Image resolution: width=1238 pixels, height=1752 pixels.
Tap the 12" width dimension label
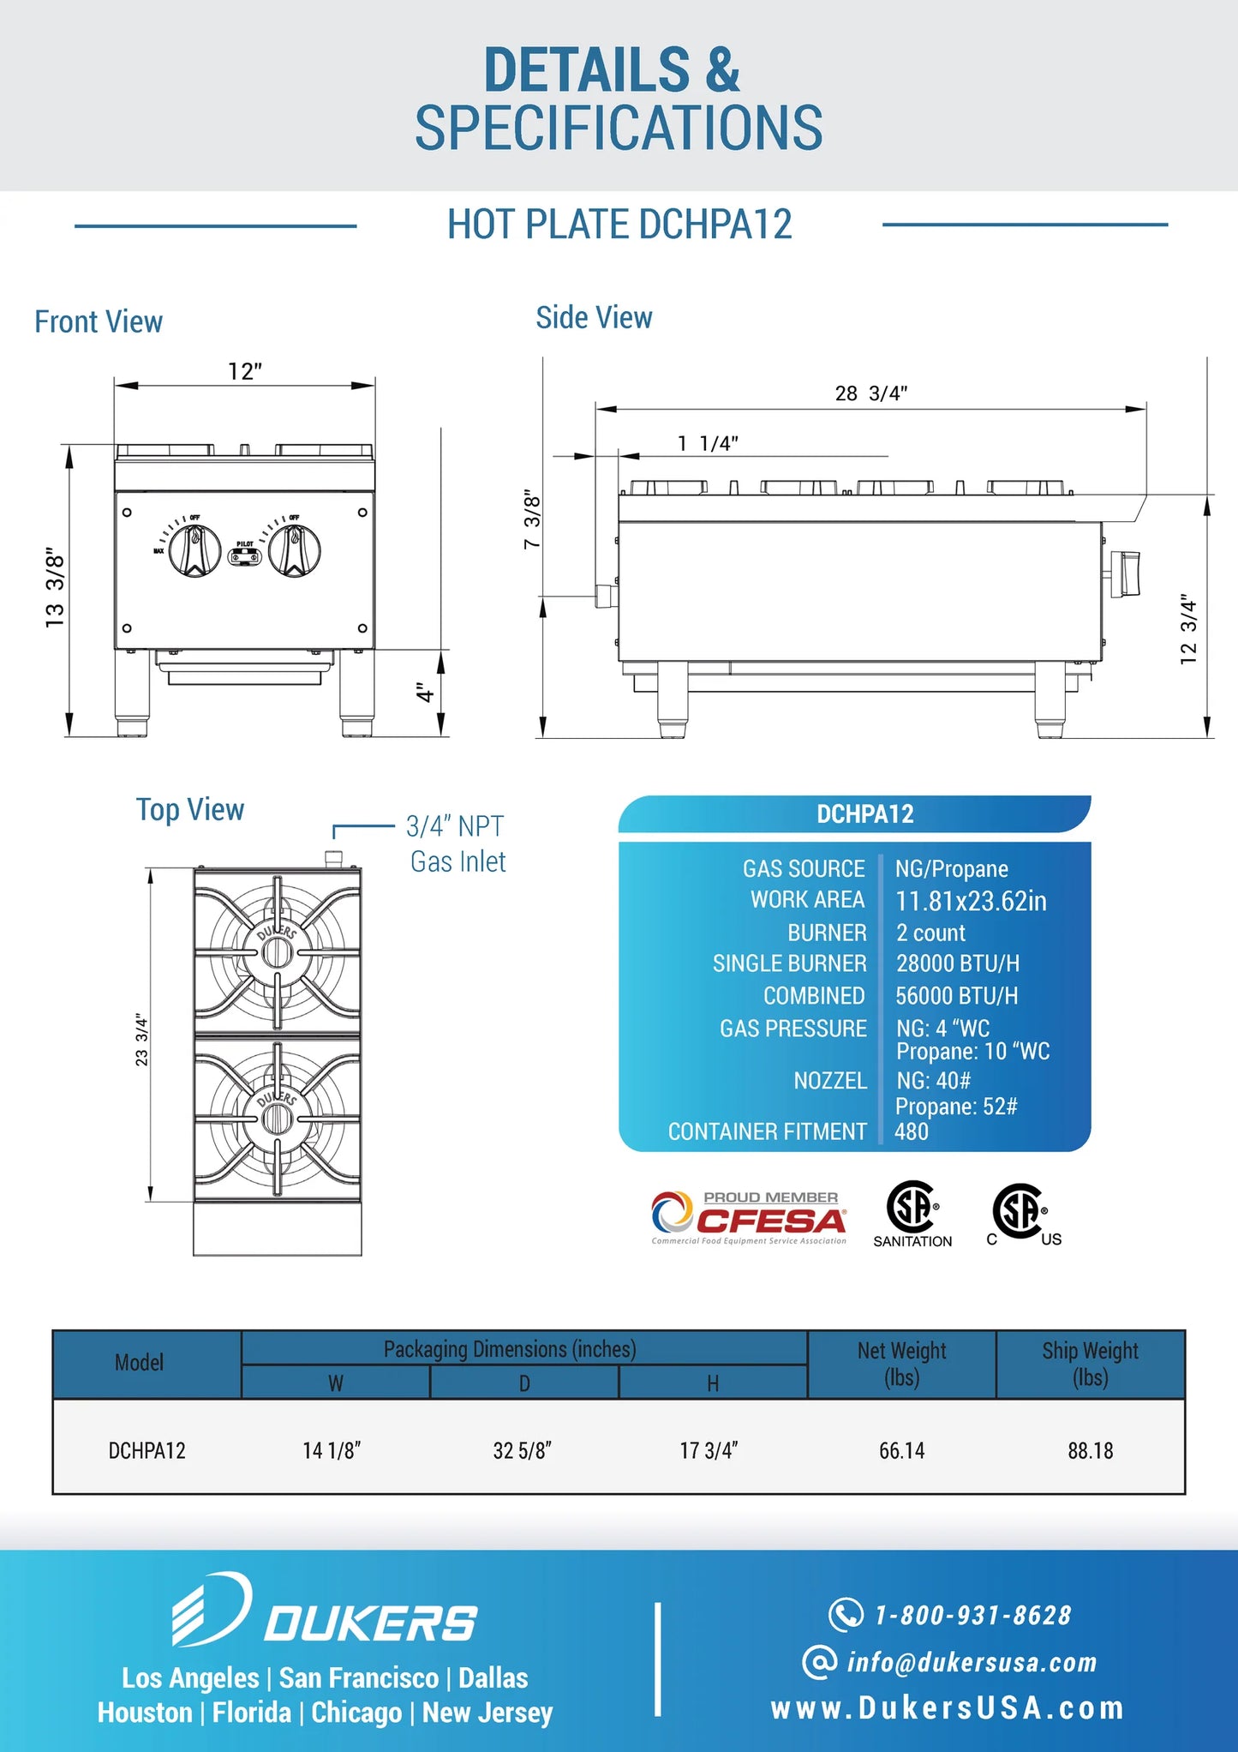point(245,372)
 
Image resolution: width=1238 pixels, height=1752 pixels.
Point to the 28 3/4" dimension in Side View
point(870,393)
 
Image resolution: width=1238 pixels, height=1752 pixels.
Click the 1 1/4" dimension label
point(708,443)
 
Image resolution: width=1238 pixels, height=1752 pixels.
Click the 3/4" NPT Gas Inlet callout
point(457,843)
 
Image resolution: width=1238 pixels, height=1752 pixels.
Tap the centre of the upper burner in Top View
point(277,951)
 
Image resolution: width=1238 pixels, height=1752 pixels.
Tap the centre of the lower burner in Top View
point(277,1118)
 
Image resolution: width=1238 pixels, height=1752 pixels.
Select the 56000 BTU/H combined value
point(956,996)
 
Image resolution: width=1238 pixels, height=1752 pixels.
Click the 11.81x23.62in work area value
point(971,901)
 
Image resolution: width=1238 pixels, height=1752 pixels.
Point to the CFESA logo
point(749,1217)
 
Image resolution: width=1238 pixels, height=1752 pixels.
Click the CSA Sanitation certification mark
point(912,1213)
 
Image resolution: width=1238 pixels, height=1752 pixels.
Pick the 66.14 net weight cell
point(901,1450)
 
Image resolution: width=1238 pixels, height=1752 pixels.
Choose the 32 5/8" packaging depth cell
point(522,1450)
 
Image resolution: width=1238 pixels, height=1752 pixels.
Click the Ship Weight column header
point(1090,1364)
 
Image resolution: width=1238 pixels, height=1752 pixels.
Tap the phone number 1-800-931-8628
point(972,1615)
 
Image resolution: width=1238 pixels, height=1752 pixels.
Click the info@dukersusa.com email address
point(971,1662)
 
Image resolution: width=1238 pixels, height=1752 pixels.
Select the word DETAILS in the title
point(587,70)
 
